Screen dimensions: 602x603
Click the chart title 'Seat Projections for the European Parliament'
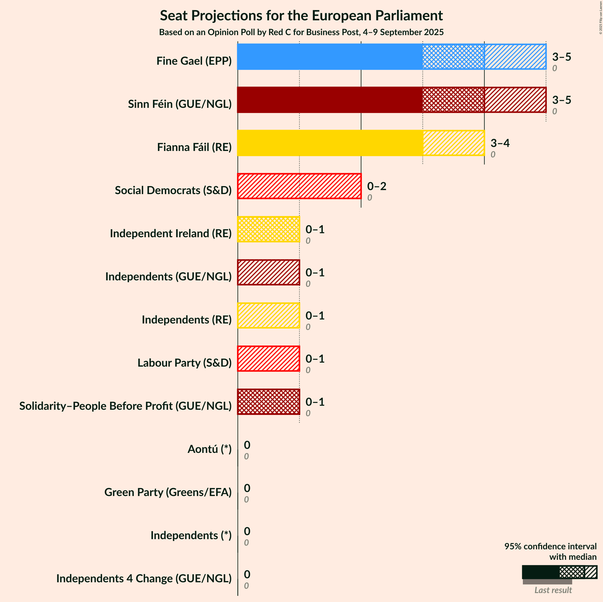tap(301, 16)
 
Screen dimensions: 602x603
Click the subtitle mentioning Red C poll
tap(301, 32)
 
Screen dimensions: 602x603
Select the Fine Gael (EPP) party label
tap(194, 61)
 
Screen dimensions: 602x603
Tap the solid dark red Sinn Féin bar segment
tap(330, 100)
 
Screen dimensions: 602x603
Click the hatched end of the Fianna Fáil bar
tap(453, 143)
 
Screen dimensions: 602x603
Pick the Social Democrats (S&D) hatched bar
tap(299, 186)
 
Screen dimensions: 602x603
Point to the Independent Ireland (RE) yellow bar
tap(269, 229)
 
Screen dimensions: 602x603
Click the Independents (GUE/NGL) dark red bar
tap(269, 272)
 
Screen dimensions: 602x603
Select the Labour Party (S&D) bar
tap(269, 359)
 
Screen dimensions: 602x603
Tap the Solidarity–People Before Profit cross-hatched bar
tap(269, 402)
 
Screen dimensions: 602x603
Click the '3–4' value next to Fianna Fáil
tap(500, 143)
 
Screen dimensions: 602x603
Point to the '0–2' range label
tap(376, 186)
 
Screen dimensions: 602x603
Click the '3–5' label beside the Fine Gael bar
tap(561, 57)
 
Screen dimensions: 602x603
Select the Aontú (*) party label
tap(209, 449)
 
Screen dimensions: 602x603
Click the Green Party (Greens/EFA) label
tap(168, 492)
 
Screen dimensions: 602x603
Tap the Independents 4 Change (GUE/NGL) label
tap(144, 578)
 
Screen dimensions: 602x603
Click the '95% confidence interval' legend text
tap(550, 547)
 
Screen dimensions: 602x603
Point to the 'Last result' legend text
tap(553, 590)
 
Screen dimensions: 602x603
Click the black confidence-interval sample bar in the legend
tap(541, 572)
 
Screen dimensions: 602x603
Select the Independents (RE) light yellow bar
tap(269, 316)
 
